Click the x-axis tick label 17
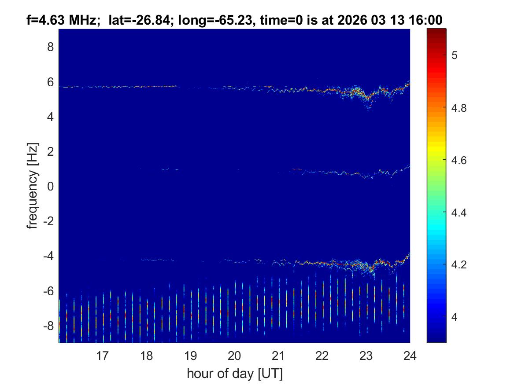(103, 356)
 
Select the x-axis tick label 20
(234, 356)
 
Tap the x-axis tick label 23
(366, 356)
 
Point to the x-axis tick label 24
(410, 356)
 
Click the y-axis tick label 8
(50, 47)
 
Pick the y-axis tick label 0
(50, 187)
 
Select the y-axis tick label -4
(48, 257)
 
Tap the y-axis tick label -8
(48, 326)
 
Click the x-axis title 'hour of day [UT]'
(234, 374)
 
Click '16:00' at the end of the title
(427, 20)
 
